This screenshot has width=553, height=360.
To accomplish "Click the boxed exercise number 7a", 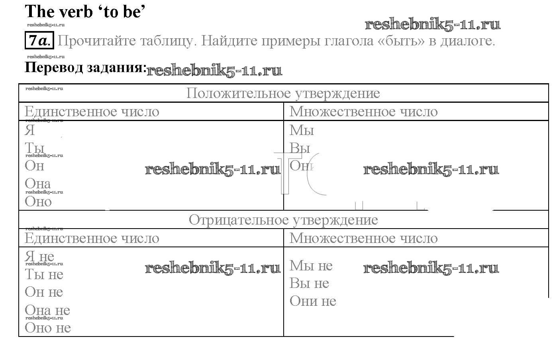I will [39, 41].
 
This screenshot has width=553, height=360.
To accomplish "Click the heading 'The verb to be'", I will [84, 12].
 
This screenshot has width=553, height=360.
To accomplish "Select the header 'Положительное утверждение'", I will [283, 94].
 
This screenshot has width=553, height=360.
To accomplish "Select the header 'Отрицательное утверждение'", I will [283, 220].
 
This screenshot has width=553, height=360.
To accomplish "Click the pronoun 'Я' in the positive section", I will [30, 130].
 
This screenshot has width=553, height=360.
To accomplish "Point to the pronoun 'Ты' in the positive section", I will [34, 148].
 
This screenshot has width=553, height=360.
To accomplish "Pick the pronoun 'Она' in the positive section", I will [37, 184].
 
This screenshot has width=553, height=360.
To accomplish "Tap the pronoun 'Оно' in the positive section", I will [38, 202].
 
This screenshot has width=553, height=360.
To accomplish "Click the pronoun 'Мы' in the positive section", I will [302, 130].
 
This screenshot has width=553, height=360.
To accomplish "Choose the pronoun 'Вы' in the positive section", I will [300, 148].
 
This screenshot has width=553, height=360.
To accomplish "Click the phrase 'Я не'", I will [39, 256].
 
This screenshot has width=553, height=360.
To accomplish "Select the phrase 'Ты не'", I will [44, 274].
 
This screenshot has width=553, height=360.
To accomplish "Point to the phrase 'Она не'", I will [47, 310].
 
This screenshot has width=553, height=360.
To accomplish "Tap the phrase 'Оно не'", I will [47, 328].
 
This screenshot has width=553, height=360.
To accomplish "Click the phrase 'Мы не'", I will [311, 265].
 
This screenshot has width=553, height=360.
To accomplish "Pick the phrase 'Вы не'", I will [309, 283].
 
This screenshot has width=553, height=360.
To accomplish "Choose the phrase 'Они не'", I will [313, 301].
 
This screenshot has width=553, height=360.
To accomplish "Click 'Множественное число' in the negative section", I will [363, 238].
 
